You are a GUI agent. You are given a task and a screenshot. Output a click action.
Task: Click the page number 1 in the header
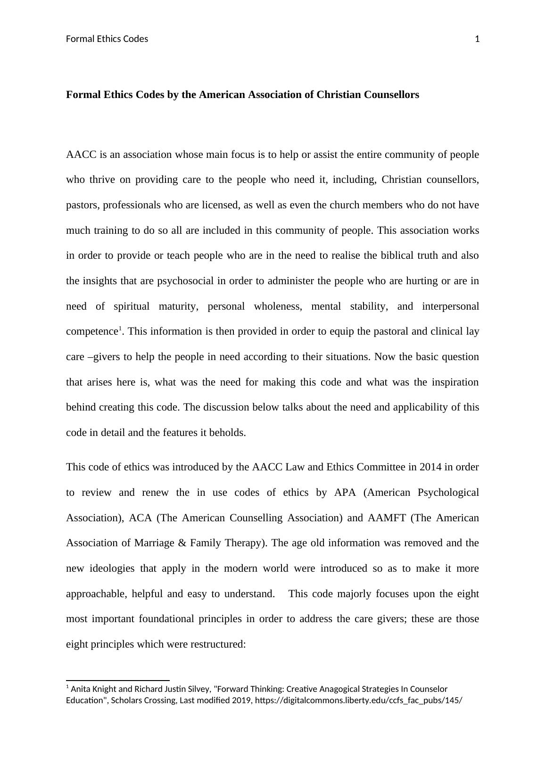(x=477, y=39)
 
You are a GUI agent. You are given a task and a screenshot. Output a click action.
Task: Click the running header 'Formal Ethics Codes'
(x=107, y=39)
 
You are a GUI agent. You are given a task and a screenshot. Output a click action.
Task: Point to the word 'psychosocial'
(x=185, y=281)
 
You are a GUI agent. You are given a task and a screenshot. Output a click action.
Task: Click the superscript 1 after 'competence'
(x=120, y=329)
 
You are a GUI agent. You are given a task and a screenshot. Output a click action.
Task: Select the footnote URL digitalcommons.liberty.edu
(x=358, y=701)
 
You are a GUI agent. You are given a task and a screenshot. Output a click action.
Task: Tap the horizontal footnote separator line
(x=118, y=681)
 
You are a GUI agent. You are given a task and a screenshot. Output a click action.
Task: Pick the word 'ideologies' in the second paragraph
(x=111, y=568)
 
